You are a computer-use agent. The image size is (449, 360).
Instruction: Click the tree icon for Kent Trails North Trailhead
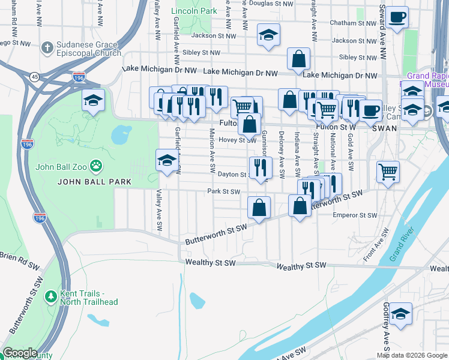(x=51, y=296)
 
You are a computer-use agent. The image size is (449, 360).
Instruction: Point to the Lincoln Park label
(x=194, y=11)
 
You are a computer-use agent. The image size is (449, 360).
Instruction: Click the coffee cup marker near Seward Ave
(x=396, y=17)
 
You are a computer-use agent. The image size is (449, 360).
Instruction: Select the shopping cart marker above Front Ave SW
(x=388, y=171)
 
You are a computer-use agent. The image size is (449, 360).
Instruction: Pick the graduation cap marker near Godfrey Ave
(x=400, y=313)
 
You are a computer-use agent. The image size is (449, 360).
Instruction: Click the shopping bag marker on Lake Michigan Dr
(x=298, y=59)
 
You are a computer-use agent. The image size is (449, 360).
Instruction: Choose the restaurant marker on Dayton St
(x=260, y=167)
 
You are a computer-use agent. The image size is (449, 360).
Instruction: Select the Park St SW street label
(x=223, y=192)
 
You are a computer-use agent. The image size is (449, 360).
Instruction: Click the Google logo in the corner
(x=20, y=353)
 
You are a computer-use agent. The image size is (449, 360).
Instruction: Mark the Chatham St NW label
(x=352, y=23)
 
